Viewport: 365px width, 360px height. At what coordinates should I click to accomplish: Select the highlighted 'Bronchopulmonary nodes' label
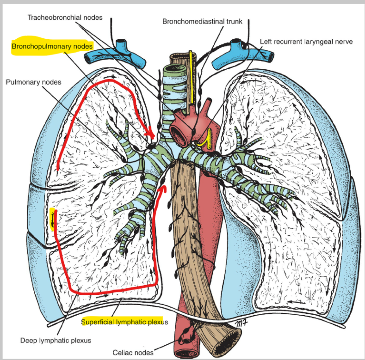tap(52, 46)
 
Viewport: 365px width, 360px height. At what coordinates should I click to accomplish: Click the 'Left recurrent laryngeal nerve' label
tap(306, 42)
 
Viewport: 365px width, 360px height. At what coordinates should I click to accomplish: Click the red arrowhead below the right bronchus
tap(162, 189)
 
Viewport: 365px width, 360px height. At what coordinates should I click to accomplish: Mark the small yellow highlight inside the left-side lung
tap(53, 219)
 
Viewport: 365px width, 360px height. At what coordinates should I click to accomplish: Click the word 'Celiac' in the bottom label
tap(123, 353)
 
